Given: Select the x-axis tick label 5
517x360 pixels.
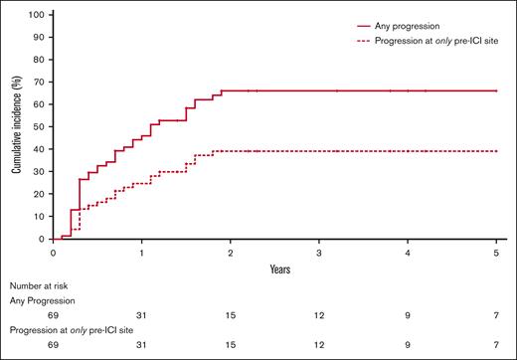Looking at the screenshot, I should click(496, 254).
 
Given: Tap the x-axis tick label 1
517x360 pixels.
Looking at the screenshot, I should click(142, 254).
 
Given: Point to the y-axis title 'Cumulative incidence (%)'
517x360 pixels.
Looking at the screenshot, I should click(17, 127).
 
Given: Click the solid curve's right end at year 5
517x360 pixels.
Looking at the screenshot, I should click(496, 90).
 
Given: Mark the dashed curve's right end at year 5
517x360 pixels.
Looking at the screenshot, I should click(496, 151).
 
